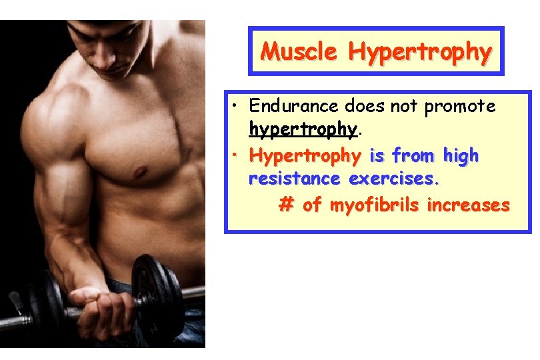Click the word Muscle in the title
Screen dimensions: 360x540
(x=299, y=51)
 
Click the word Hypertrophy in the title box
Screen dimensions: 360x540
(x=420, y=51)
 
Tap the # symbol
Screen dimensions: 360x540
(x=286, y=205)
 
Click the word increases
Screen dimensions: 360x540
(x=468, y=204)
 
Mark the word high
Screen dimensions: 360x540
(x=459, y=155)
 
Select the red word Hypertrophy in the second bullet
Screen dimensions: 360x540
(x=304, y=156)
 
